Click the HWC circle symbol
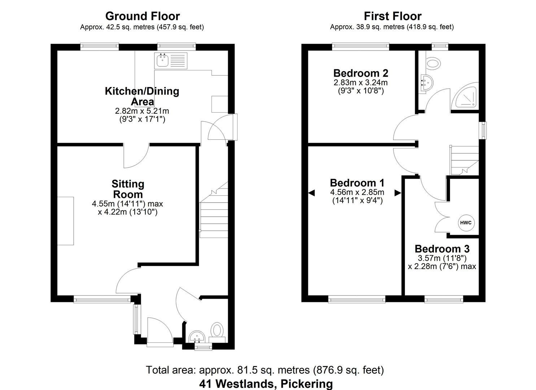coord(466,223)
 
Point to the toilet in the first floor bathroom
coord(433,64)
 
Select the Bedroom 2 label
coord(361,73)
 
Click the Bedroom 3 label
coord(442,249)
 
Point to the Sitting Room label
coord(128,189)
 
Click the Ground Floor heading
coord(142,16)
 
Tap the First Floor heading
coord(392,16)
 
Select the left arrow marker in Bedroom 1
coord(311,193)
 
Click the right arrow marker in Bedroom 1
coord(398,193)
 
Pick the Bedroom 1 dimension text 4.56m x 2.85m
coord(357,192)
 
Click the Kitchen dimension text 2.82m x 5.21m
coord(142,111)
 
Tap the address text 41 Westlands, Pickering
coord(266,383)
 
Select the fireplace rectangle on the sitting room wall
coord(66,221)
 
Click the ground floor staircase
coord(214,213)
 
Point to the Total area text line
coord(265,370)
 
